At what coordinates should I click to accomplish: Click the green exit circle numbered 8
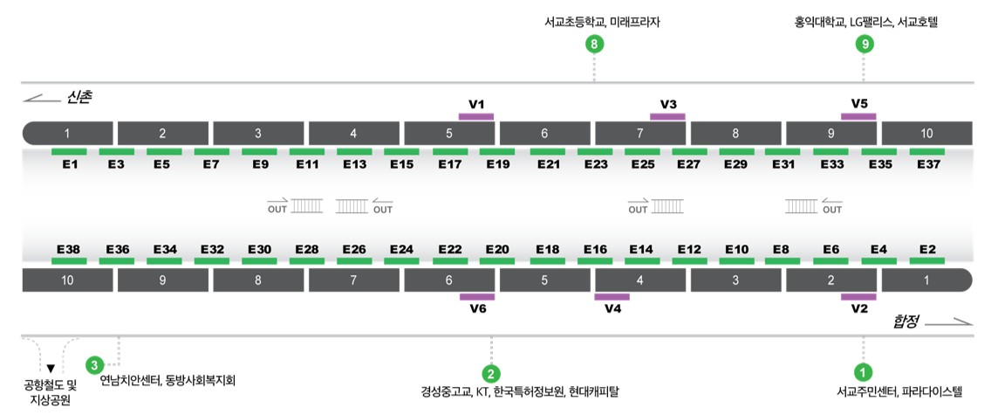594,44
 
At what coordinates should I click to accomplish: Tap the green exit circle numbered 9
864,44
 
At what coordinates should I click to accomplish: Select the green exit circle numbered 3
94,364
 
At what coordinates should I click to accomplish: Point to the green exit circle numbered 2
491,372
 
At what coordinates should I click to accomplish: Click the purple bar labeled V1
476,116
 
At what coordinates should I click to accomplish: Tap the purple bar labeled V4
612,296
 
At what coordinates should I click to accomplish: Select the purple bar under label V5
858,116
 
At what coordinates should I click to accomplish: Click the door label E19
498,164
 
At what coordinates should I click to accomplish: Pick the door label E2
926,249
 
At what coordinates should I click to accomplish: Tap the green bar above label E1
69,152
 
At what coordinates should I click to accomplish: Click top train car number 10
926,133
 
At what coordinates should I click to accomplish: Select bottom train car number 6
449,280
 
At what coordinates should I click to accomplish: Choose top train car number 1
67,133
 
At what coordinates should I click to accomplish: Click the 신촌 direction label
79,98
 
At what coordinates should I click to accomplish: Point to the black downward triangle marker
51,369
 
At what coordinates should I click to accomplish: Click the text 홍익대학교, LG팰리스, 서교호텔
865,23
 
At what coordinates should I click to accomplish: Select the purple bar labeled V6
476,296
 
